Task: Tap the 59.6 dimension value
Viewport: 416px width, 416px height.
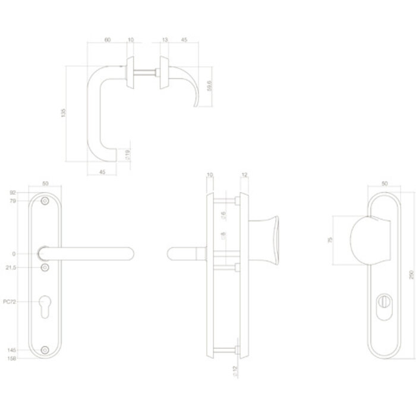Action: tap(209, 86)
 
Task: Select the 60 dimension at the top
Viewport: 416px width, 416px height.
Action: tap(107, 40)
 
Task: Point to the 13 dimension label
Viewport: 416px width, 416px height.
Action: tap(164, 40)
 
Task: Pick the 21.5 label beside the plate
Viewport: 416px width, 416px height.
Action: tap(18, 269)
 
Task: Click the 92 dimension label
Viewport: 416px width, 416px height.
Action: tap(12, 193)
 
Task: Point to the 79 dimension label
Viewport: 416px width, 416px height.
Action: tap(12, 202)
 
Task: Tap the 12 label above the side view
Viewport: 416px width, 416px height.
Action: tap(245, 175)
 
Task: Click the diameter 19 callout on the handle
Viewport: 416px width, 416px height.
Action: tap(128, 156)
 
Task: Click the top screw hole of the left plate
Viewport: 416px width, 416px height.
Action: tap(45, 202)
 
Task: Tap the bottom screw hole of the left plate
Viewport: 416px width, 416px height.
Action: tap(45, 351)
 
